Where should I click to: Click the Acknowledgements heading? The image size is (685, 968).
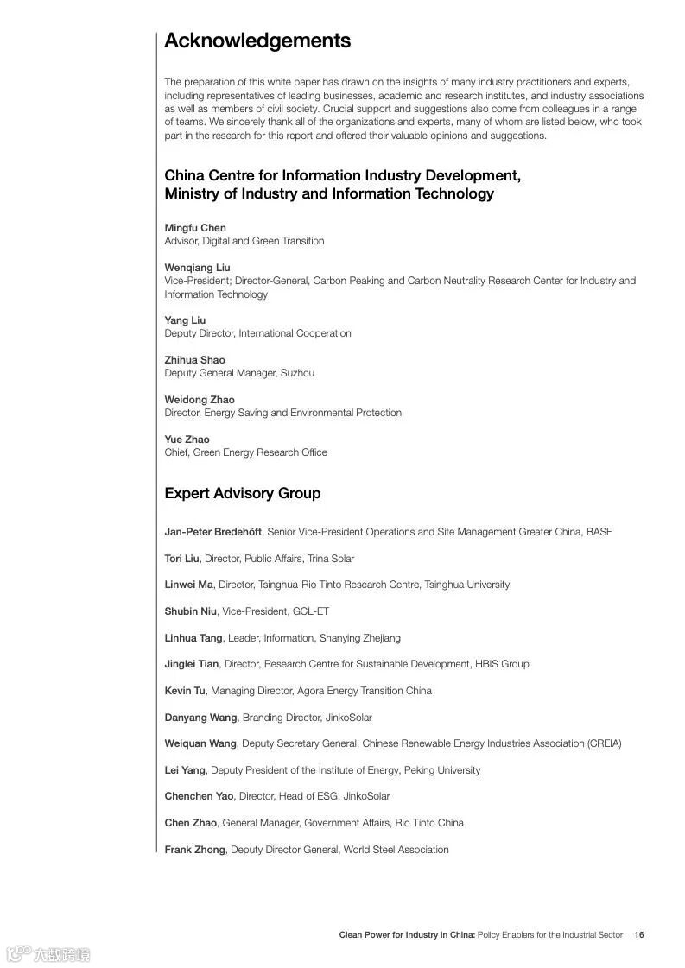(x=257, y=41)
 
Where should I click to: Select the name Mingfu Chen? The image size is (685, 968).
(x=195, y=228)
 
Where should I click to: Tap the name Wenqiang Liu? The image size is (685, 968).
(x=198, y=268)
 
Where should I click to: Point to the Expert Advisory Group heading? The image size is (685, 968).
(x=243, y=493)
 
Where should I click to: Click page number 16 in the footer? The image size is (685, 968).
(x=639, y=934)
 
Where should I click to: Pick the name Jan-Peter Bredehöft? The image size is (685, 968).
(x=213, y=532)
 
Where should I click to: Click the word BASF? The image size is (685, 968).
(x=599, y=532)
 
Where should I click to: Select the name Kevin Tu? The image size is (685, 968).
(x=185, y=691)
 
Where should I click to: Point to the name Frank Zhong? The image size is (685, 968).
(x=194, y=850)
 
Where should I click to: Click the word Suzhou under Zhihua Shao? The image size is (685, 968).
(x=297, y=373)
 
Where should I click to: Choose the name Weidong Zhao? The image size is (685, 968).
(x=200, y=400)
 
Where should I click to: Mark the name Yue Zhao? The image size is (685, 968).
(x=187, y=440)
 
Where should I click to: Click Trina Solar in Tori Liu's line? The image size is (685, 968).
(x=331, y=559)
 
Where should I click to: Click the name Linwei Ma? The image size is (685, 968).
(x=189, y=585)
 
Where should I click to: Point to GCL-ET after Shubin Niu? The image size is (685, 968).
(x=311, y=611)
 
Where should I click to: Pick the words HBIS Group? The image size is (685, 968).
(x=502, y=664)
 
